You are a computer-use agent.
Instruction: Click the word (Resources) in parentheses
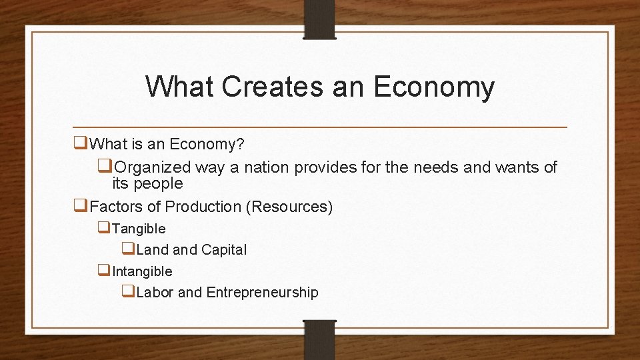pos(289,207)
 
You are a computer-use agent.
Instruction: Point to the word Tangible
pos(139,229)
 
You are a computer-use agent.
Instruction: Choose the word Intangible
pos(142,271)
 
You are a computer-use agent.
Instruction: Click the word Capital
pos(224,250)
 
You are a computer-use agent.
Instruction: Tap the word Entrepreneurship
pos(263,293)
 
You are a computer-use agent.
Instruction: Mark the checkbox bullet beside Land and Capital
pos(128,249)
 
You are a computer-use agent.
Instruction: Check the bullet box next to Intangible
pos(104,271)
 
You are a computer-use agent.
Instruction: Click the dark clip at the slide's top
pos(319,19)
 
